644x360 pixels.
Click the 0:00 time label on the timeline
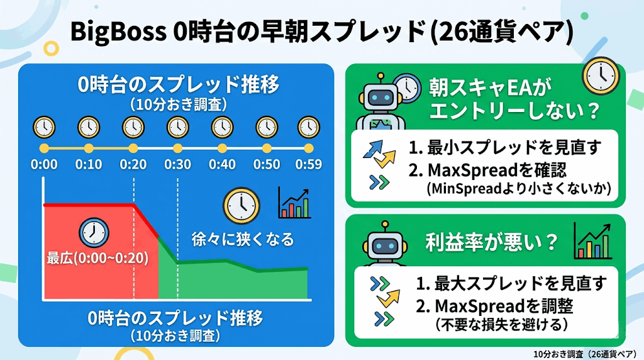[43, 165]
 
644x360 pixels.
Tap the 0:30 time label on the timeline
[177, 165]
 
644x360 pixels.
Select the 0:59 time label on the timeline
[308, 165]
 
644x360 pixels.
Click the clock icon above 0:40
[222, 127]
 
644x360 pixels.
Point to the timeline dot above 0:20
[133, 149]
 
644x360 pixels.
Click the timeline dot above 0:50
[267, 149]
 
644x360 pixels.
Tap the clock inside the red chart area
[92, 231]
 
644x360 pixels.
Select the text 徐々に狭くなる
[242, 240]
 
